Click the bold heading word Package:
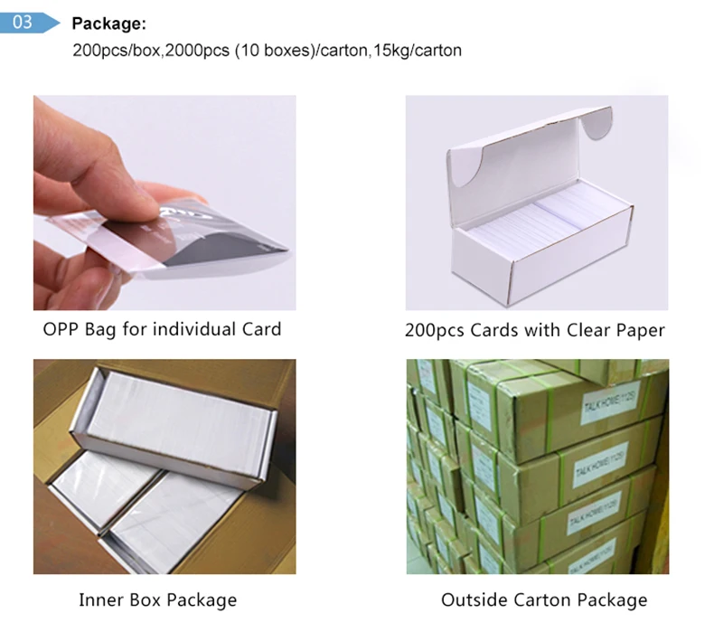tap(108, 24)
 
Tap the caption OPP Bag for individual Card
tap(162, 328)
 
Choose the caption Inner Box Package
tap(157, 600)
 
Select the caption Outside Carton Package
tap(544, 600)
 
